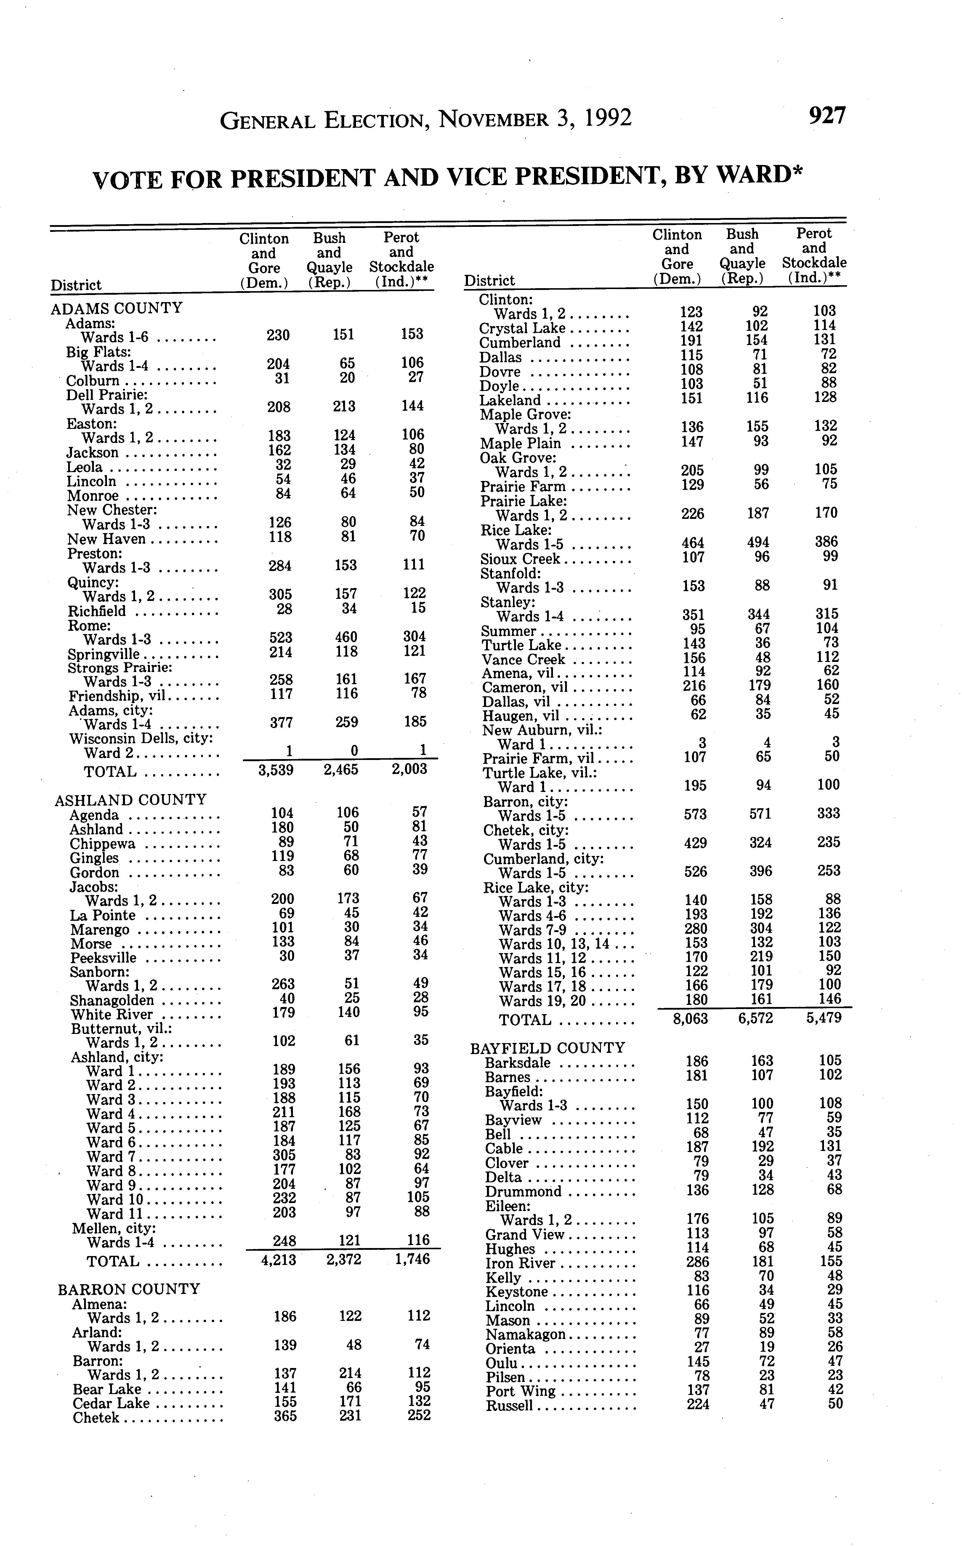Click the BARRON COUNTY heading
click(129, 1289)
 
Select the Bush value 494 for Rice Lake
click(757, 543)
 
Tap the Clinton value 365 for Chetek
click(284, 1416)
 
